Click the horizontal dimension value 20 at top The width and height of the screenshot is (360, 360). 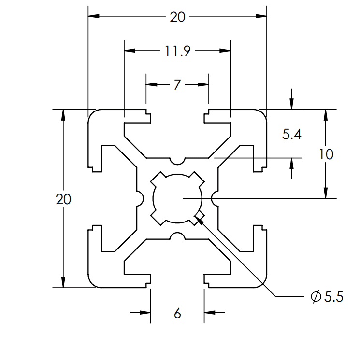click(x=177, y=17)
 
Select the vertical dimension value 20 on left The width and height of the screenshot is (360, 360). click(x=63, y=199)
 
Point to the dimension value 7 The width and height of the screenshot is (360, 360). click(x=177, y=85)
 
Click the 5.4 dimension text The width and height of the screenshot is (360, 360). click(x=292, y=135)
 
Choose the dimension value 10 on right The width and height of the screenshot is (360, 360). click(x=326, y=154)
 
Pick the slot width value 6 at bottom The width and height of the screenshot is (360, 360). click(x=177, y=314)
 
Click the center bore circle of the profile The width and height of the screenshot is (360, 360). click(x=177, y=198)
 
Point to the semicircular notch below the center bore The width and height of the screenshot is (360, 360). click(x=177, y=236)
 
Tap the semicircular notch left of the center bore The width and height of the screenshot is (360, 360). click(x=140, y=198)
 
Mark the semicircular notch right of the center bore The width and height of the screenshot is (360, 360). click(x=215, y=198)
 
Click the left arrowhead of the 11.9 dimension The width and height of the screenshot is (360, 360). click(x=129, y=50)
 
